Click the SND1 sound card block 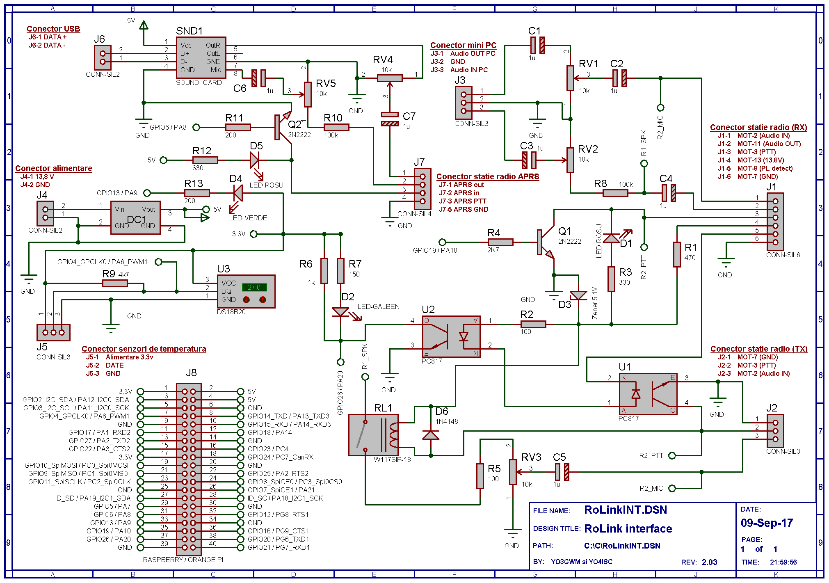tap(201, 57)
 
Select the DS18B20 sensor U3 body tap(246, 291)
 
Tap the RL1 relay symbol tap(373, 435)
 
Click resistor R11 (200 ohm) tap(238, 127)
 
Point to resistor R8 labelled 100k tap(615, 193)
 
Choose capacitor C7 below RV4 tap(390, 119)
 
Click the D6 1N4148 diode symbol tap(431, 435)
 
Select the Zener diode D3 tap(578, 295)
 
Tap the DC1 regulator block tap(135, 217)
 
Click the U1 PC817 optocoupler tap(648, 394)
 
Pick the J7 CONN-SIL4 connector tap(422, 189)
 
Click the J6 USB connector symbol tap(103, 57)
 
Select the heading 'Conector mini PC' tap(463, 45)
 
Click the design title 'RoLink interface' tap(628, 528)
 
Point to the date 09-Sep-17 tap(767, 523)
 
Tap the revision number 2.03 tap(709, 562)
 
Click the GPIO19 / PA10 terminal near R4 tap(442, 242)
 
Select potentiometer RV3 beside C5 tap(513, 472)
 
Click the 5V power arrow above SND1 tap(144, 25)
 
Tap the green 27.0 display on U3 tap(254, 287)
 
